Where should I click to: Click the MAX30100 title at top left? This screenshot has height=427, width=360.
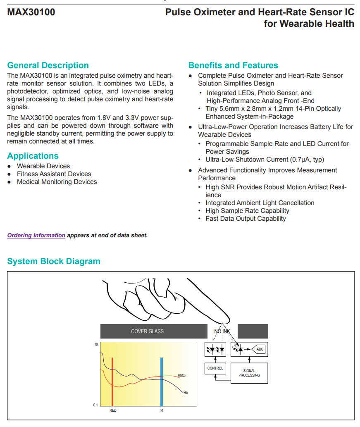tap(31, 12)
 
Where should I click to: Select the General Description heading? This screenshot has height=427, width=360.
tap(48, 65)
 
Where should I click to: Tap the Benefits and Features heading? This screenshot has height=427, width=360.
tap(233, 65)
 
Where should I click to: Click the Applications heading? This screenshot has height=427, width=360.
tap(33, 156)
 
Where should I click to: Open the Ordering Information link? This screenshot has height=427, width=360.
tap(36, 236)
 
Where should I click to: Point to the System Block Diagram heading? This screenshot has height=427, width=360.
tap(54, 261)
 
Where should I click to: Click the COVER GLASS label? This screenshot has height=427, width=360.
tap(147, 331)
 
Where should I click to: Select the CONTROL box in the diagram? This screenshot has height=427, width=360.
tap(215, 368)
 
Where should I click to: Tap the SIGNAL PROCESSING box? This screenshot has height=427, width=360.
tap(249, 373)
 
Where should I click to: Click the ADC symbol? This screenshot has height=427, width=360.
tap(259, 349)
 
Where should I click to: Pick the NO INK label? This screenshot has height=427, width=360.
tap(222, 332)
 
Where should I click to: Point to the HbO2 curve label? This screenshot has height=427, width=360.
tap(181, 375)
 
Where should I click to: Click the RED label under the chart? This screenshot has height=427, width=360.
tap(113, 410)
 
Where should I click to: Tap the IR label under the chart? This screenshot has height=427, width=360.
tap(161, 410)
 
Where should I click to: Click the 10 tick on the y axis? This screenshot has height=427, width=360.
tap(96, 344)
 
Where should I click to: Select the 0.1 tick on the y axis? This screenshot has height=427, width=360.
tap(95, 405)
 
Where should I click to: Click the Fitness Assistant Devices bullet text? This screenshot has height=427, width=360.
tap(54, 174)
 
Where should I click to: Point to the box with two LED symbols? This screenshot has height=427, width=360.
tap(215, 349)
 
